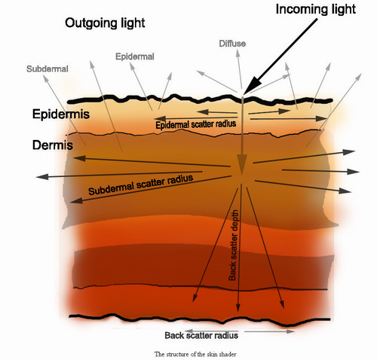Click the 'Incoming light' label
[x=316, y=10]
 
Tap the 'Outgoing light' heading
[x=105, y=23]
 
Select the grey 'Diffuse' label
[x=232, y=44]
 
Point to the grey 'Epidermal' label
[x=135, y=56]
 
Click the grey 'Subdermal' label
[x=48, y=69]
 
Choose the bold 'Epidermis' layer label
[x=61, y=114]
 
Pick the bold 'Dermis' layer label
[x=53, y=145]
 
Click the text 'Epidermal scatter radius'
[x=196, y=124]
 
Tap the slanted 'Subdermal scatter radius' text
[x=141, y=185]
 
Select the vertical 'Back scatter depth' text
[x=233, y=245]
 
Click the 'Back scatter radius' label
[x=201, y=335]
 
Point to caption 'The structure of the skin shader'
[x=195, y=354]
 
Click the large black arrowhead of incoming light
[x=253, y=84]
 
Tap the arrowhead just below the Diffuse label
[x=238, y=53]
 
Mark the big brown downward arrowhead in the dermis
[x=241, y=164]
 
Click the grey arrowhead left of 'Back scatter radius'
[x=188, y=331]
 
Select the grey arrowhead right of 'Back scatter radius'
[x=290, y=331]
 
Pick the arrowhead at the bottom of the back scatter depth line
[x=238, y=307]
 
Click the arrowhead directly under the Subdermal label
[x=45, y=78]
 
